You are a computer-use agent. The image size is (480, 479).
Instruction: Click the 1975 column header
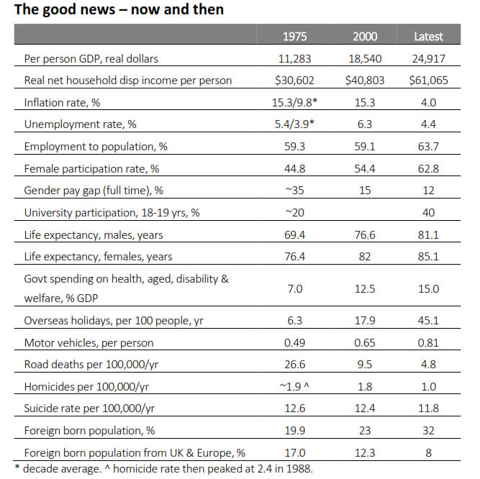[x=294, y=37]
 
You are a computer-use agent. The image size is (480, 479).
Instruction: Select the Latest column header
[x=428, y=37]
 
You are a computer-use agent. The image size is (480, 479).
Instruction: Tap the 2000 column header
[x=365, y=37]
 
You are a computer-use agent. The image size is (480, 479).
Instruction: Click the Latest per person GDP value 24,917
[x=428, y=58]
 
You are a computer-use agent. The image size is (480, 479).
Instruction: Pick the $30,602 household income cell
[x=294, y=80]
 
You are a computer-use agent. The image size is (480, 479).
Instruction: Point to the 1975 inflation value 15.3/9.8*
[x=294, y=102]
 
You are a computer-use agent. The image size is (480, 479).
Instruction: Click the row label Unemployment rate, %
[x=80, y=124]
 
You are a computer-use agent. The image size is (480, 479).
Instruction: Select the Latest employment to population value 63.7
[x=428, y=147]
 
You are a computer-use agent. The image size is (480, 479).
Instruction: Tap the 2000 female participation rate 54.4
[x=365, y=168]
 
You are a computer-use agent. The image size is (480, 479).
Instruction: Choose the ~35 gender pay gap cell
[x=294, y=191]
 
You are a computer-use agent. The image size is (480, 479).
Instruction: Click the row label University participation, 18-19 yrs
[x=112, y=213]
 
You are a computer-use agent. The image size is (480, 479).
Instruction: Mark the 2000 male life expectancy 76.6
[x=365, y=235]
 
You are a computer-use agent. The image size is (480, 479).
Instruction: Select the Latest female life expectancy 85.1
[x=428, y=256]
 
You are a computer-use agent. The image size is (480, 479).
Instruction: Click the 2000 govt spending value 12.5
[x=365, y=288]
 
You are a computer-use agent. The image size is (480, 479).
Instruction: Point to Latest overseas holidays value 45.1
[x=428, y=321]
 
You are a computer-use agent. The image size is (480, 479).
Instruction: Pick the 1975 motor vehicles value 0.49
[x=294, y=342]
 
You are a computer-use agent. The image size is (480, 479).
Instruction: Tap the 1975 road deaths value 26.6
[x=294, y=365]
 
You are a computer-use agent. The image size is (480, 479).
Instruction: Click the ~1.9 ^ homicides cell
[x=294, y=387]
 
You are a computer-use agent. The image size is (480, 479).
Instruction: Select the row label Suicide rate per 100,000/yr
[x=89, y=409]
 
